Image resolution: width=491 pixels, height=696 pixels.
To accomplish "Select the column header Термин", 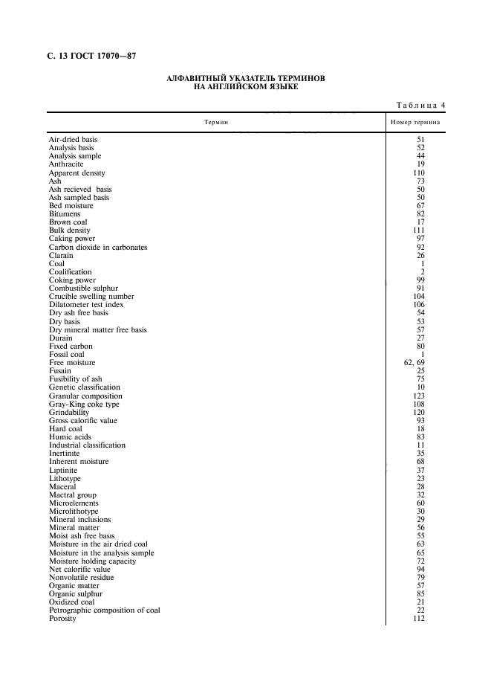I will (x=216, y=122).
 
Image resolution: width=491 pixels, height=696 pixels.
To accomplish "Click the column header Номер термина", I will (x=415, y=122).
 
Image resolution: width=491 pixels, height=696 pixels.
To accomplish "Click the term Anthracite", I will (x=66, y=164).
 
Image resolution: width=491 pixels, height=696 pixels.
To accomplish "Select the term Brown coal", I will (x=68, y=222).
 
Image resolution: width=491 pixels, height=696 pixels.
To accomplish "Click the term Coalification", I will (x=71, y=272).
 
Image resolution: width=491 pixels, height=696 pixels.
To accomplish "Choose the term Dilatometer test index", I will (x=86, y=305).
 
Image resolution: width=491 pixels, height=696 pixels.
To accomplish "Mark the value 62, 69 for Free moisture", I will (x=413, y=363).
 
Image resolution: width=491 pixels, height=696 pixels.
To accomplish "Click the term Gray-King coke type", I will (x=84, y=405).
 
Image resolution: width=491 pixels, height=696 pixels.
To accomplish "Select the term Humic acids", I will (x=70, y=437).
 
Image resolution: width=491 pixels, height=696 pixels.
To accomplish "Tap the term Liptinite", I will (x=63, y=471).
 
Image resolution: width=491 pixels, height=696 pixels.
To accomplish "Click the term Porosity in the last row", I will (x=62, y=619).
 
